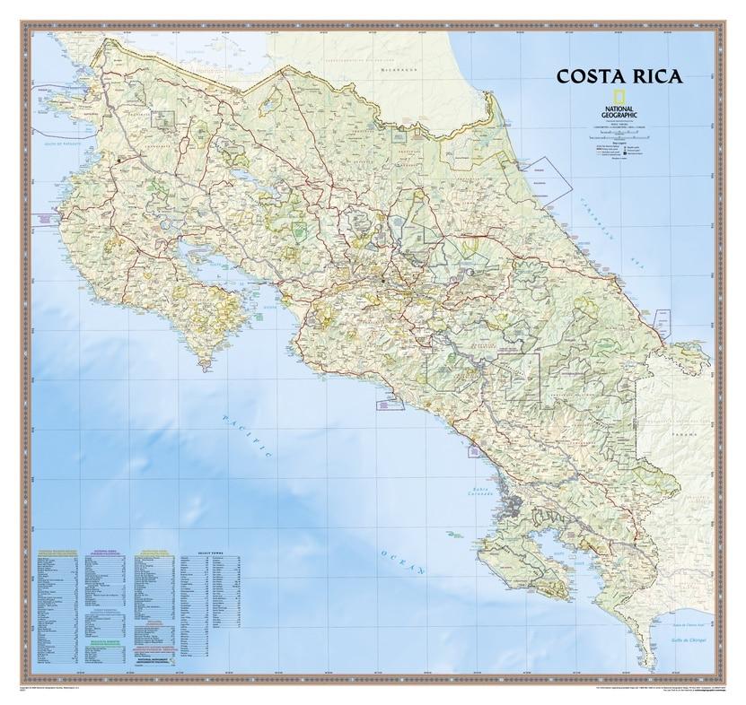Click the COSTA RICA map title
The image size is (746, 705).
(619, 75)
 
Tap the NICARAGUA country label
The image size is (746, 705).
(399, 68)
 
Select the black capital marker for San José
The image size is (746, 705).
(382, 281)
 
